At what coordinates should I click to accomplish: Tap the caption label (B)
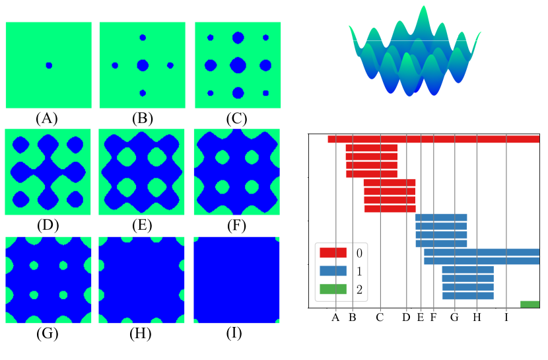click(142, 119)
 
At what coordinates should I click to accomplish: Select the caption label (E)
click(142, 226)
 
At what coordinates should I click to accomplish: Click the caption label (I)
click(236, 333)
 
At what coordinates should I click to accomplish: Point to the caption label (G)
click(48, 333)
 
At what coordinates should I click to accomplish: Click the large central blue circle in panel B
click(143, 65)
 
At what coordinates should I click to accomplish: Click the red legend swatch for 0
click(333, 253)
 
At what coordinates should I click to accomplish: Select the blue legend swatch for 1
click(333, 271)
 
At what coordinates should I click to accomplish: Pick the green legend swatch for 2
click(333, 289)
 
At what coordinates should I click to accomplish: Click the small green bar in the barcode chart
click(530, 305)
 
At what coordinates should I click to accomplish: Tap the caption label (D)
click(48, 226)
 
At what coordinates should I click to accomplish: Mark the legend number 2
click(359, 289)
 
